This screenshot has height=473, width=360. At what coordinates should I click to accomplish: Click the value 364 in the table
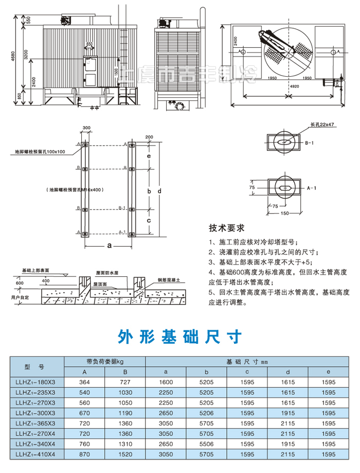[x=84, y=382]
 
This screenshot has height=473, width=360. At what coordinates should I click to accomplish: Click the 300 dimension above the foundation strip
[x=86, y=127]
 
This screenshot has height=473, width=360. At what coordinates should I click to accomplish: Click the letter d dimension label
[x=159, y=191]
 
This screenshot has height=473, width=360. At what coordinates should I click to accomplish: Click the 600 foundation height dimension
[x=20, y=283]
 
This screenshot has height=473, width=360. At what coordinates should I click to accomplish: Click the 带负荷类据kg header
[x=105, y=361]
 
